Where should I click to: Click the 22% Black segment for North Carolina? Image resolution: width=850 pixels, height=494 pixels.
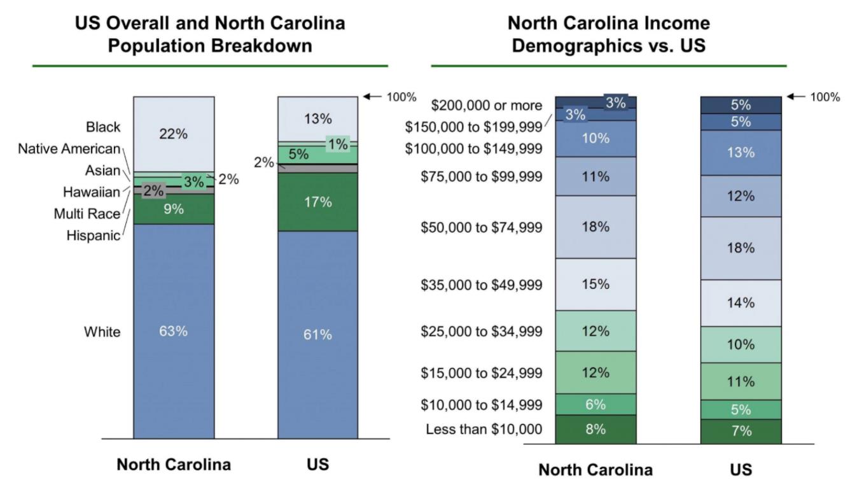point(173,134)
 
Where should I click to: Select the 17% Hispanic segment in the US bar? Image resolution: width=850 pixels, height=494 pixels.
point(317,202)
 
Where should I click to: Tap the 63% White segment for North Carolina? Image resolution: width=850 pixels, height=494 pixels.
point(173,331)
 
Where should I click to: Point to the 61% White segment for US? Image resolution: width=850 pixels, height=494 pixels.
point(317,334)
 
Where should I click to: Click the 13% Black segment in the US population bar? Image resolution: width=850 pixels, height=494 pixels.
point(317,119)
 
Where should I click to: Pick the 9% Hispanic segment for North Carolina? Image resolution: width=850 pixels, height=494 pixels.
point(173,209)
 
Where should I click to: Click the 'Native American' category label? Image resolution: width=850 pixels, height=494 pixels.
point(69,149)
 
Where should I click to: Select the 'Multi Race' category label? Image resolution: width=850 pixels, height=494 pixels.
point(87,214)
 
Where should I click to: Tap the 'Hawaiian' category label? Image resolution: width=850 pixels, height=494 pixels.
point(92,192)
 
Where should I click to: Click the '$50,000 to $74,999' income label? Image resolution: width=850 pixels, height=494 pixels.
point(482,227)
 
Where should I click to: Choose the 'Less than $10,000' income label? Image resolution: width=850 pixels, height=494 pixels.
point(484,430)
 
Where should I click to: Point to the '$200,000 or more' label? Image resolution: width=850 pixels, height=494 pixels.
point(487,105)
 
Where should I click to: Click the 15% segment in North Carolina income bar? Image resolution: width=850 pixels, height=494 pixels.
point(596,284)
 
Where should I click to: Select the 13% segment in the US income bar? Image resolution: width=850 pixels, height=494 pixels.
point(741,153)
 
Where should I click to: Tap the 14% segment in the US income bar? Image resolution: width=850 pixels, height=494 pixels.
point(741,303)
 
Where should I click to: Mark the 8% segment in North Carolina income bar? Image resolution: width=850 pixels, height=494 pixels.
point(596,429)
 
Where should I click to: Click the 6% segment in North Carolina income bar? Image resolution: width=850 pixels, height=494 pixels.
point(596,404)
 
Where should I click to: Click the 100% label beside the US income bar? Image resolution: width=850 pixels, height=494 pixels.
point(826,97)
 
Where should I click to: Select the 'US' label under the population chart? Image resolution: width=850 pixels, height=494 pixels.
point(317,465)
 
